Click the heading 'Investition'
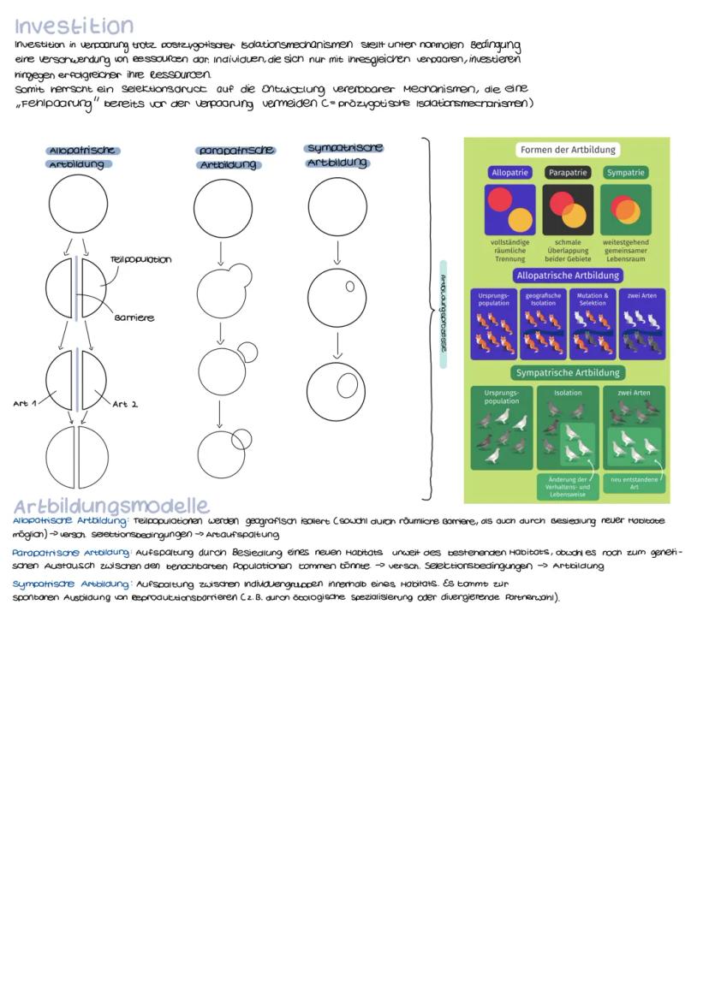pos(74,26)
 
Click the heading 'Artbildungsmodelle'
pos(111,505)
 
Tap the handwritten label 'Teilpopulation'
pos(140,259)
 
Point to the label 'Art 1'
pos(25,403)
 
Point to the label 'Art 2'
pos(125,404)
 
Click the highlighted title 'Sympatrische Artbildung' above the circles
pos(343,155)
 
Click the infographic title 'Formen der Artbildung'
pos(568,150)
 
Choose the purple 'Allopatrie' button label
pos(511,172)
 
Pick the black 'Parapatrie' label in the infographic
pos(568,172)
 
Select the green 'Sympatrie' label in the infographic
pos(625,172)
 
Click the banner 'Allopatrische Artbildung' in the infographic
pos(568,276)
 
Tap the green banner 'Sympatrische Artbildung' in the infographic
pos(568,372)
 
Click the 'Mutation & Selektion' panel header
pos(592,299)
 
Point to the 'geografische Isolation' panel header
pos(543,299)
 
